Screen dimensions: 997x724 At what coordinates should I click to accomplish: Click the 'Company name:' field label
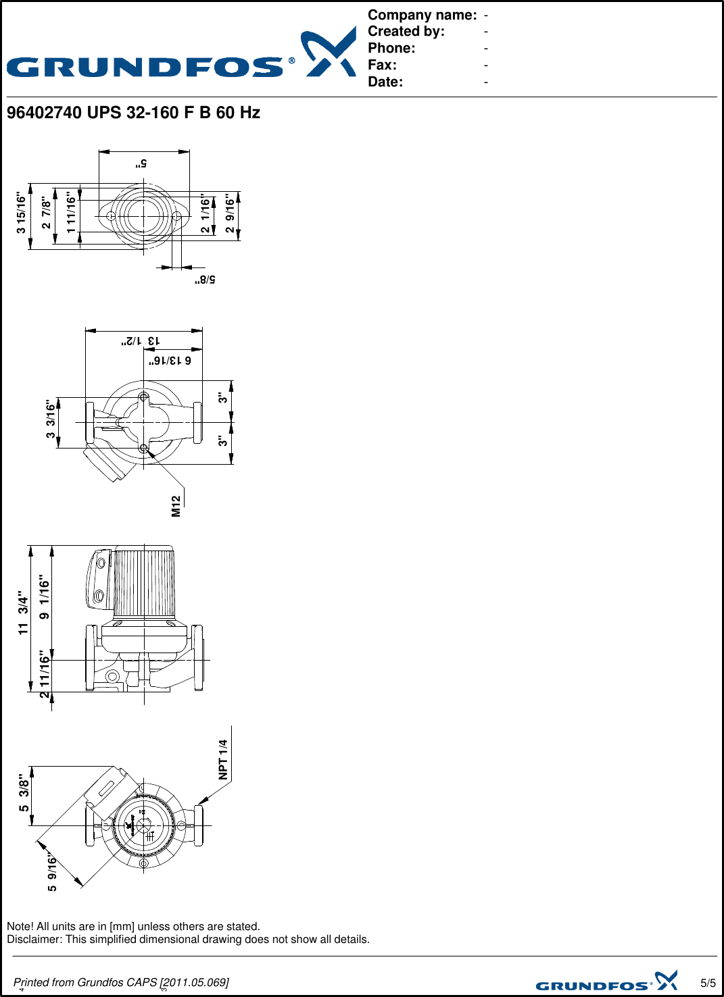(x=422, y=15)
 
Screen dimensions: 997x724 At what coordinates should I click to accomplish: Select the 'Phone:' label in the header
(x=391, y=48)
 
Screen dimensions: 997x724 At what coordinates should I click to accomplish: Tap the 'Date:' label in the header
(x=385, y=82)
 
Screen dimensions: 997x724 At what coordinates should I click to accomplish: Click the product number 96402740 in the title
(x=44, y=113)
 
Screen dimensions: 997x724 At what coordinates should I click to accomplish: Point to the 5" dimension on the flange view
(x=141, y=163)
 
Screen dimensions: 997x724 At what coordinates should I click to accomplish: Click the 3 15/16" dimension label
(x=22, y=213)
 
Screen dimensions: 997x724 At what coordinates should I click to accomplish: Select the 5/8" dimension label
(x=205, y=279)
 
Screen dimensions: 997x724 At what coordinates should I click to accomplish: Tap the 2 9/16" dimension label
(x=231, y=215)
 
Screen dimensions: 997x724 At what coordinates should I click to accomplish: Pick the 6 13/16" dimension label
(x=170, y=361)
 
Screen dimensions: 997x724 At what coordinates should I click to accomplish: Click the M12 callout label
(x=176, y=506)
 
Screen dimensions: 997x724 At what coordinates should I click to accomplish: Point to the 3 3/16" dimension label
(x=51, y=419)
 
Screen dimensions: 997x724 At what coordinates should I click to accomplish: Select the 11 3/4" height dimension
(x=24, y=613)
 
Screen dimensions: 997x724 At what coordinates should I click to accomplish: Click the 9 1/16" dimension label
(x=45, y=597)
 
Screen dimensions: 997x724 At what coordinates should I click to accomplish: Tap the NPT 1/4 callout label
(x=223, y=759)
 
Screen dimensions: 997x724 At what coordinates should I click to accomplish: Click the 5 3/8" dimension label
(x=24, y=793)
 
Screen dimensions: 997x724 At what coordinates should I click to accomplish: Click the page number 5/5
(x=708, y=983)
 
